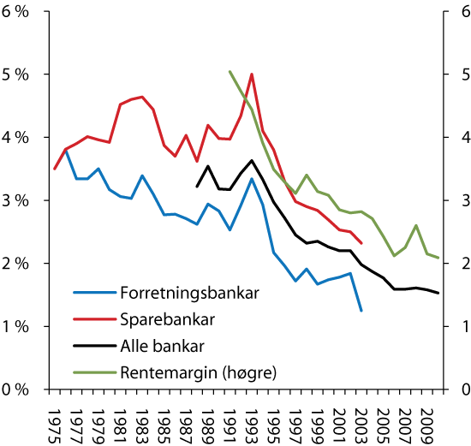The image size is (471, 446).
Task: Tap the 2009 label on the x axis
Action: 426,421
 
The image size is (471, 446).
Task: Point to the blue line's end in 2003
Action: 361,311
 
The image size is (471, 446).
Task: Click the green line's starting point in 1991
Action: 230,72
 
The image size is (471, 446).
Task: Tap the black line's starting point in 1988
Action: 197,187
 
